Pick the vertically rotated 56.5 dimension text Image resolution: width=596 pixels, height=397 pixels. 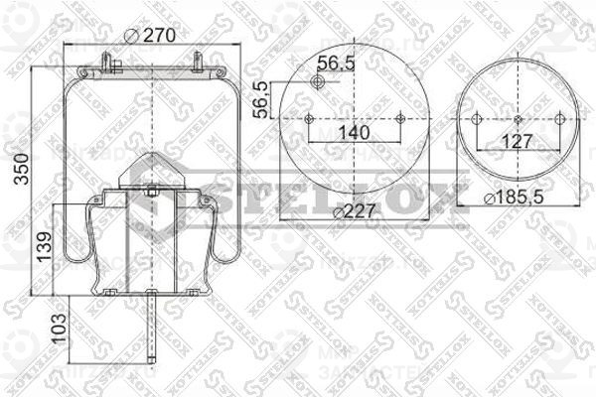click(x=259, y=99)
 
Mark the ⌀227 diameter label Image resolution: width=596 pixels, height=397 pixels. click(x=355, y=210)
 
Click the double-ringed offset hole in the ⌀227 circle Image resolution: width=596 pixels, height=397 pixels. click(x=318, y=81)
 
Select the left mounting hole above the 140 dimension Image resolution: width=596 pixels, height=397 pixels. click(x=309, y=119)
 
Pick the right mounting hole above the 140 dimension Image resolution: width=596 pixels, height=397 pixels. click(x=400, y=119)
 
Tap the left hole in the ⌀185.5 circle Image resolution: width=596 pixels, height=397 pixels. click(x=476, y=119)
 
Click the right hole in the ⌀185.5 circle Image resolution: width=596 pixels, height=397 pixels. click(x=559, y=119)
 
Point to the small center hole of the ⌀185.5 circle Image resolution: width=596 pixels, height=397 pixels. click(x=518, y=119)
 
